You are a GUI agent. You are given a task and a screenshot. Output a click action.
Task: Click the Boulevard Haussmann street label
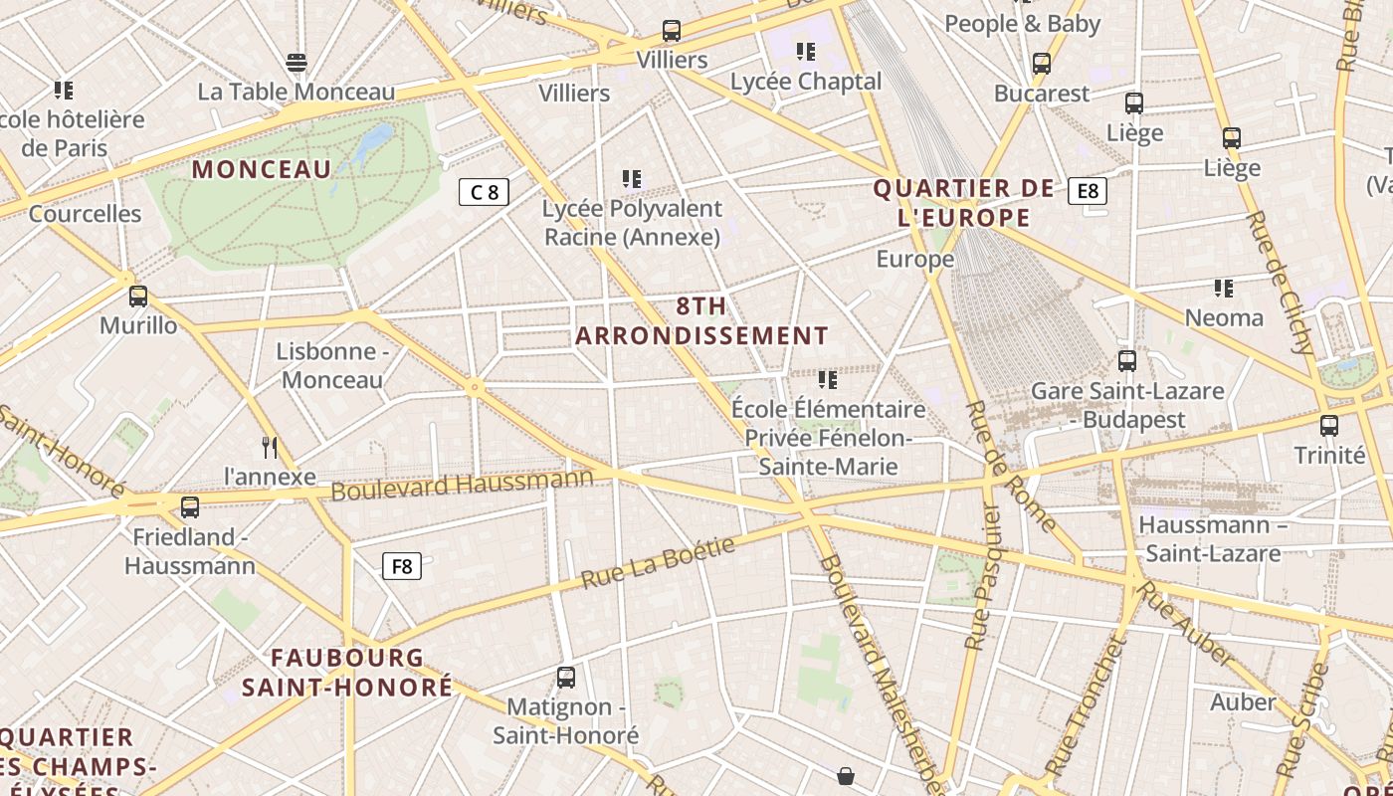point(462,485)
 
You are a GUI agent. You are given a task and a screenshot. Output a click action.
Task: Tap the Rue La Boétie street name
point(658,562)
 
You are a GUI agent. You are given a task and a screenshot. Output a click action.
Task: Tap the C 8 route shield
point(484,192)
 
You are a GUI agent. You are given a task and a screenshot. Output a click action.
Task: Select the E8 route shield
point(1088,190)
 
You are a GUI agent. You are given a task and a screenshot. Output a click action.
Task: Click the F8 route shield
point(402,566)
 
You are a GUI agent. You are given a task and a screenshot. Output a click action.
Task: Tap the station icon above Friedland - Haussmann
point(190,507)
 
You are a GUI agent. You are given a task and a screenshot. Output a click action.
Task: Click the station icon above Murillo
point(138,296)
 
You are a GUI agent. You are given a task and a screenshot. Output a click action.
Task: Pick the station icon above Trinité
point(1329,426)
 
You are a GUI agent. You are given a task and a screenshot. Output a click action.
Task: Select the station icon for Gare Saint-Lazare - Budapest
point(1127,361)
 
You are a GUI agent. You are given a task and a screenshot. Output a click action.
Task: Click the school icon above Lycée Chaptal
point(806,51)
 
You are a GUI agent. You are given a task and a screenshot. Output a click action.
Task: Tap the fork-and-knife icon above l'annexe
point(270,447)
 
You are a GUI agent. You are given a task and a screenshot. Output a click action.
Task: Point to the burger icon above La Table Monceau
point(297,63)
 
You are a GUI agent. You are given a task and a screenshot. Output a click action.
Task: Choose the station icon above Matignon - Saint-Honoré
point(566,678)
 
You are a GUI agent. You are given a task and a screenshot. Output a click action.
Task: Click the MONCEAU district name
point(262,169)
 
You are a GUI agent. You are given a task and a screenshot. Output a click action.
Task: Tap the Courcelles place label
point(86,213)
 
